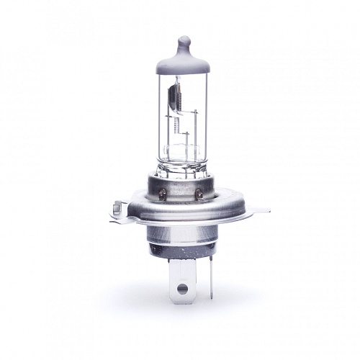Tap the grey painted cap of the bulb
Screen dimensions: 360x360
pyautogui.click(x=183, y=61)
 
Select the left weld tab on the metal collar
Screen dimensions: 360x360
pyautogui.click(x=163, y=192)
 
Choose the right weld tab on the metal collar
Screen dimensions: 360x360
pyautogui.click(x=199, y=192)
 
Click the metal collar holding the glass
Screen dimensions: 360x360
pyautogui.click(x=181, y=186)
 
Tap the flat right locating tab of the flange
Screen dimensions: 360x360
pyautogui.click(x=261, y=210)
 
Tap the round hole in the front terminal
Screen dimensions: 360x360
pyautogui.click(x=182, y=289)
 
